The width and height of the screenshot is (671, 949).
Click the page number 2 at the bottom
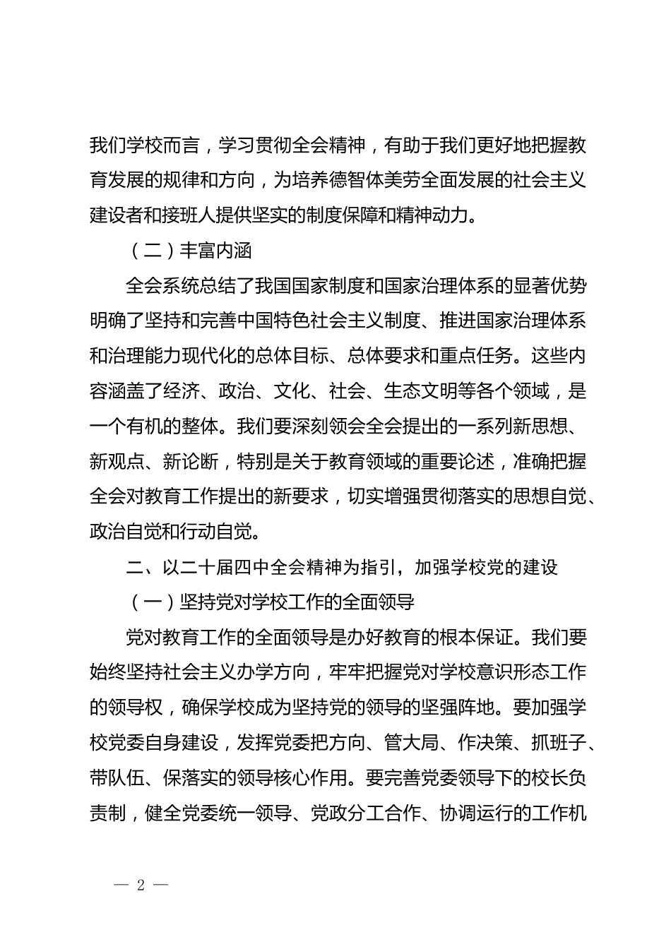pos(141,885)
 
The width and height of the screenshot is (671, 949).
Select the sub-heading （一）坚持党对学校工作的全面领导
pos(270,602)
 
